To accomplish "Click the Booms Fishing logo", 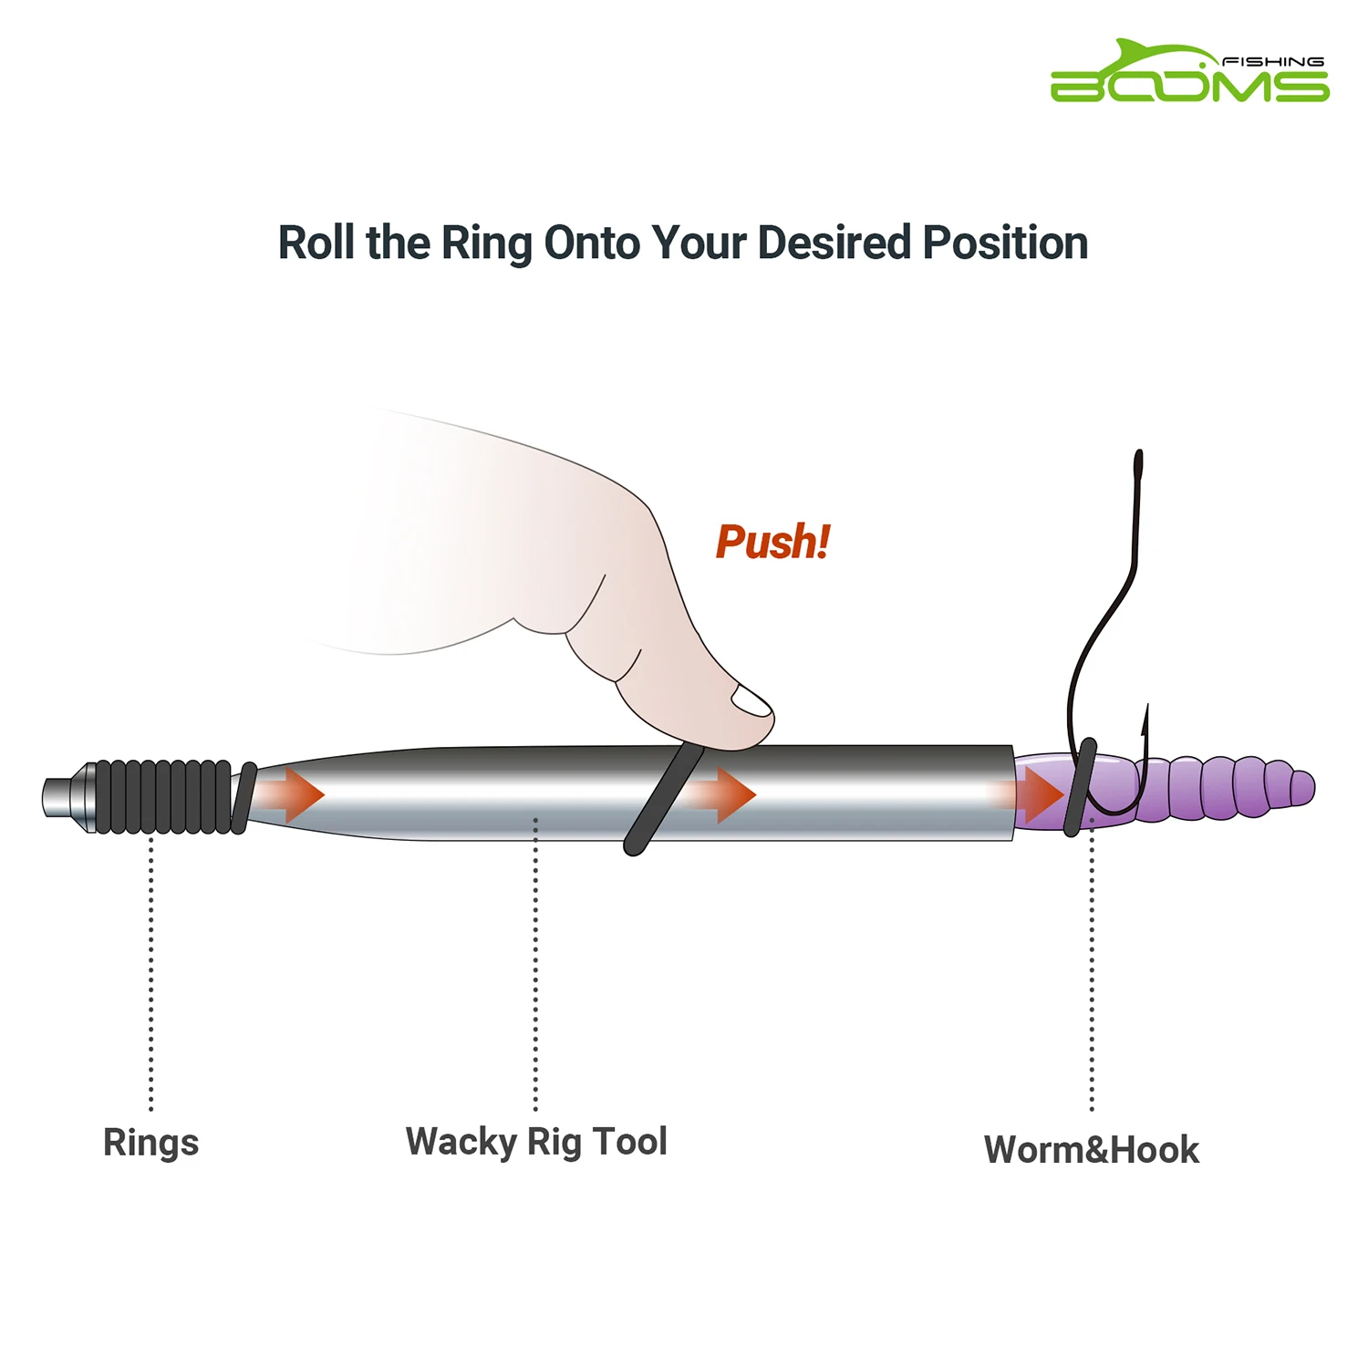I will [1189, 73].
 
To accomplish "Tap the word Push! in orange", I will [772, 542].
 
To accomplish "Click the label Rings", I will [150, 1143].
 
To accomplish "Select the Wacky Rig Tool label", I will [536, 1142].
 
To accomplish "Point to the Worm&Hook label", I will [1091, 1150].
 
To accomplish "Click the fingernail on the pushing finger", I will [751, 701].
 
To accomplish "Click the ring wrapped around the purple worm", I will [1079, 788].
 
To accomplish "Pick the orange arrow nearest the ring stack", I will [296, 794].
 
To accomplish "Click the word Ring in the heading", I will [486, 244].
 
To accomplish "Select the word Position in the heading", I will [1005, 244].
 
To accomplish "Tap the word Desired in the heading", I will [834, 244].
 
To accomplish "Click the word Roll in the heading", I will [316, 244].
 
